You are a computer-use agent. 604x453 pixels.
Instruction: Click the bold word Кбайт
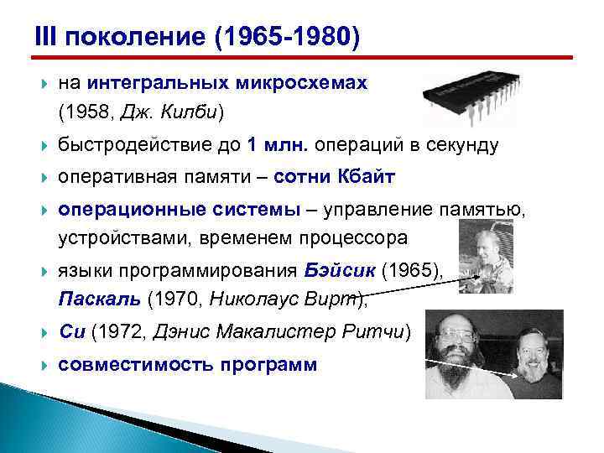click(x=366, y=178)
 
